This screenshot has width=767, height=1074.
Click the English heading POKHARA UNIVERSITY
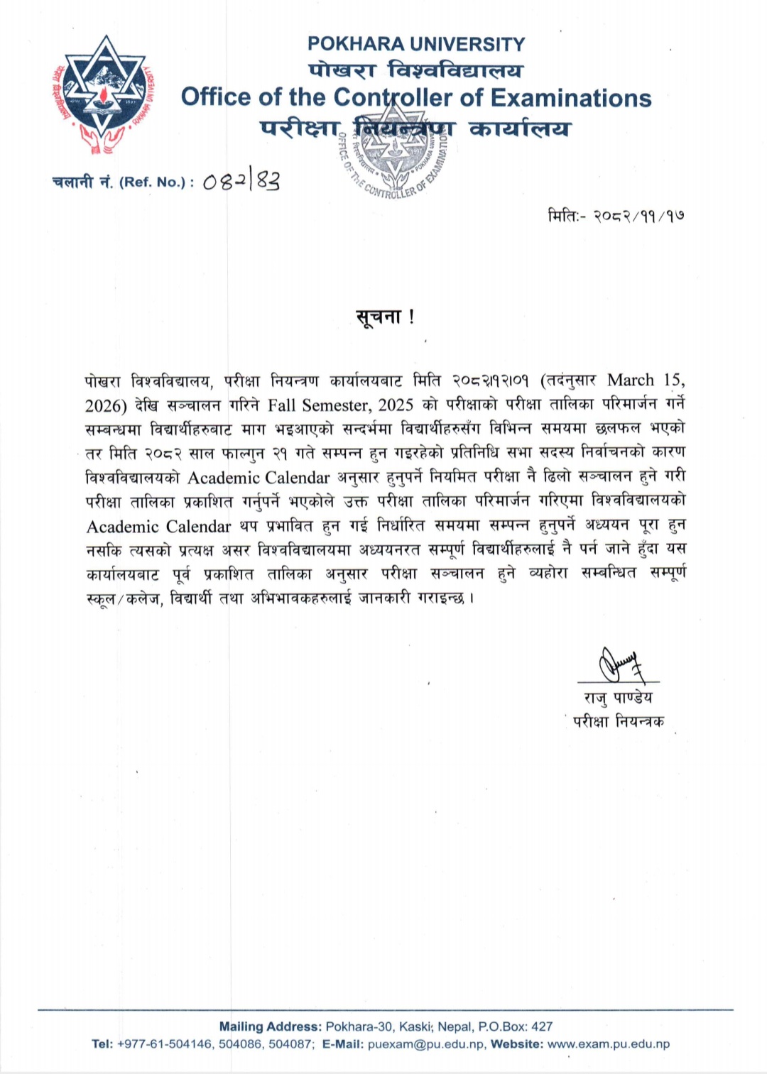click(416, 44)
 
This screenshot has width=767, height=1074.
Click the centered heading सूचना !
click(385, 317)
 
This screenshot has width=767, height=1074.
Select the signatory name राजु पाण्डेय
click(618, 698)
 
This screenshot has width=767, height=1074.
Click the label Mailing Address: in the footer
click(270, 1026)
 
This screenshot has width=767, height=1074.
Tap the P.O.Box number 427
click(542, 1026)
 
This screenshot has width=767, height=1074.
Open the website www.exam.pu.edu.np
click(609, 1044)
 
